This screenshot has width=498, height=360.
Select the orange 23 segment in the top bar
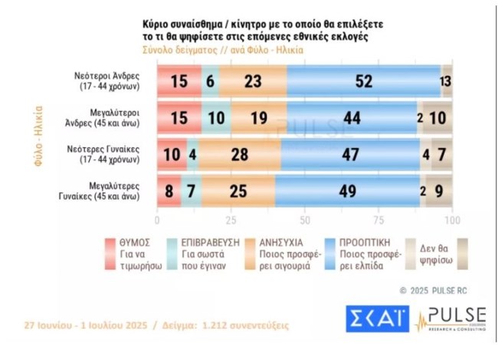point(253,80)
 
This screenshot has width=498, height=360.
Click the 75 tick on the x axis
point(378,220)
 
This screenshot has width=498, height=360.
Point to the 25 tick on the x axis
point(231,220)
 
